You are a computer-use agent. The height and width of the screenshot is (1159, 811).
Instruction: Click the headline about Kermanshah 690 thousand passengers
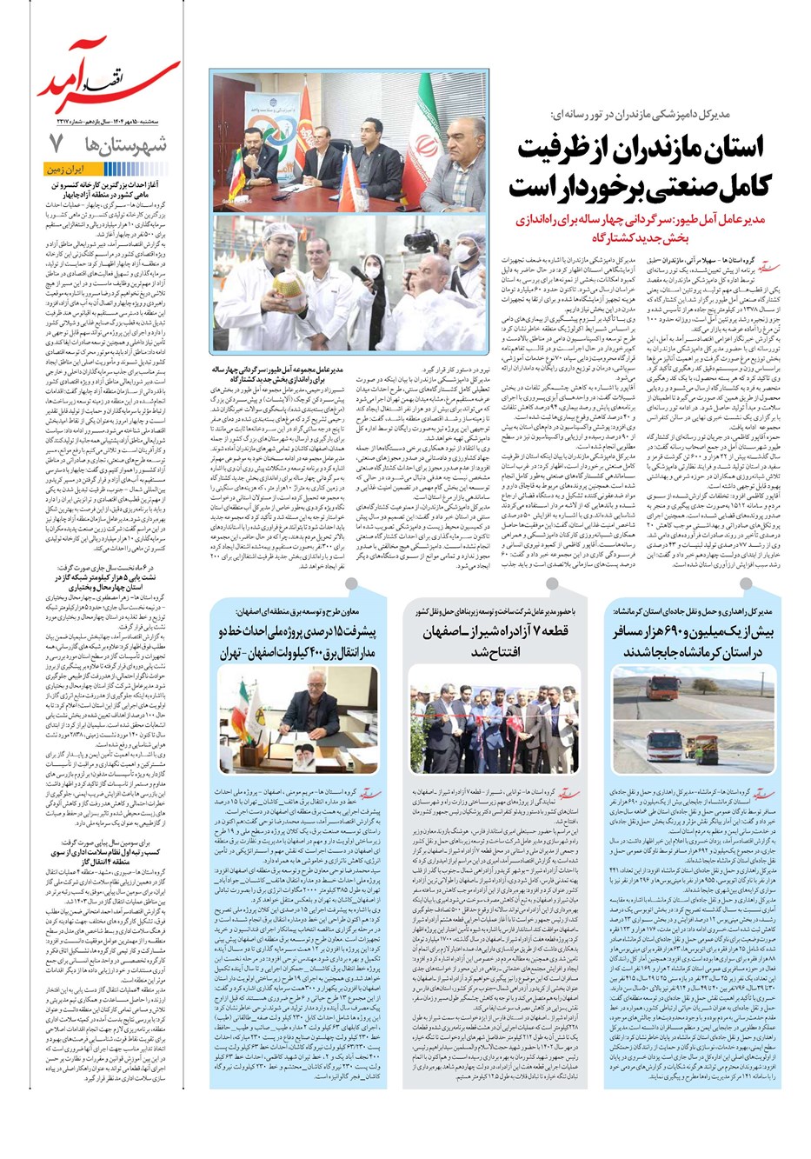coord(694,641)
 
